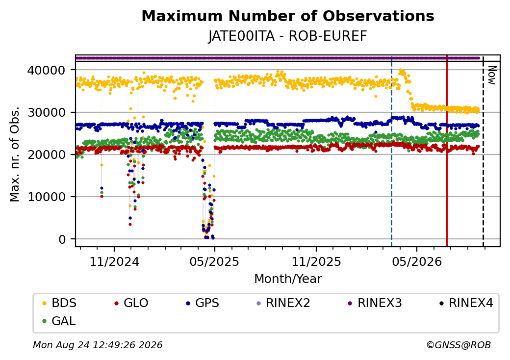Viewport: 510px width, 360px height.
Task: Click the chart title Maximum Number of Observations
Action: [288, 16]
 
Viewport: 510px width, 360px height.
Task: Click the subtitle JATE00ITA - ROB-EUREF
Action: [288, 36]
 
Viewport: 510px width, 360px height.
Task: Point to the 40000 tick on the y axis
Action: [46, 70]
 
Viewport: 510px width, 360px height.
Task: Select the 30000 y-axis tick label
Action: [46, 112]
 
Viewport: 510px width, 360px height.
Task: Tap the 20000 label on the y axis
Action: [46, 155]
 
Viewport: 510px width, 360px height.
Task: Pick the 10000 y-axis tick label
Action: [46, 197]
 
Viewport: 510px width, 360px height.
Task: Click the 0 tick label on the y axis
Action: [62, 239]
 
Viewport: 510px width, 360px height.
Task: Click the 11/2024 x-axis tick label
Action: [114, 262]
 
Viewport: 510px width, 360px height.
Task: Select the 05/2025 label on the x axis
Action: [214, 262]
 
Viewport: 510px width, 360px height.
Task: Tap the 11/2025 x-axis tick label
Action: [316, 262]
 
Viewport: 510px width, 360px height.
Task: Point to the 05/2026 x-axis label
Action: [417, 262]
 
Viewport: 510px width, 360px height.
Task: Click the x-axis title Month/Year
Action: [288, 279]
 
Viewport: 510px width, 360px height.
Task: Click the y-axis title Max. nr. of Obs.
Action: [15, 154]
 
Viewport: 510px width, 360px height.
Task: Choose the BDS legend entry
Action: [59, 303]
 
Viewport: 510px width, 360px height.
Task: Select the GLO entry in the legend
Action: [131, 303]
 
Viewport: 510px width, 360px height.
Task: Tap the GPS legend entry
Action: [203, 303]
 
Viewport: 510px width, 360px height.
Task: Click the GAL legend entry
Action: [59, 321]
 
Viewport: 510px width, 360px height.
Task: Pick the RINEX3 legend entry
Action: [375, 303]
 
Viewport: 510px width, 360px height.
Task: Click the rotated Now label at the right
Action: [492, 76]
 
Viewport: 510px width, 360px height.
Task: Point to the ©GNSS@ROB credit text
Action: [459, 345]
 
